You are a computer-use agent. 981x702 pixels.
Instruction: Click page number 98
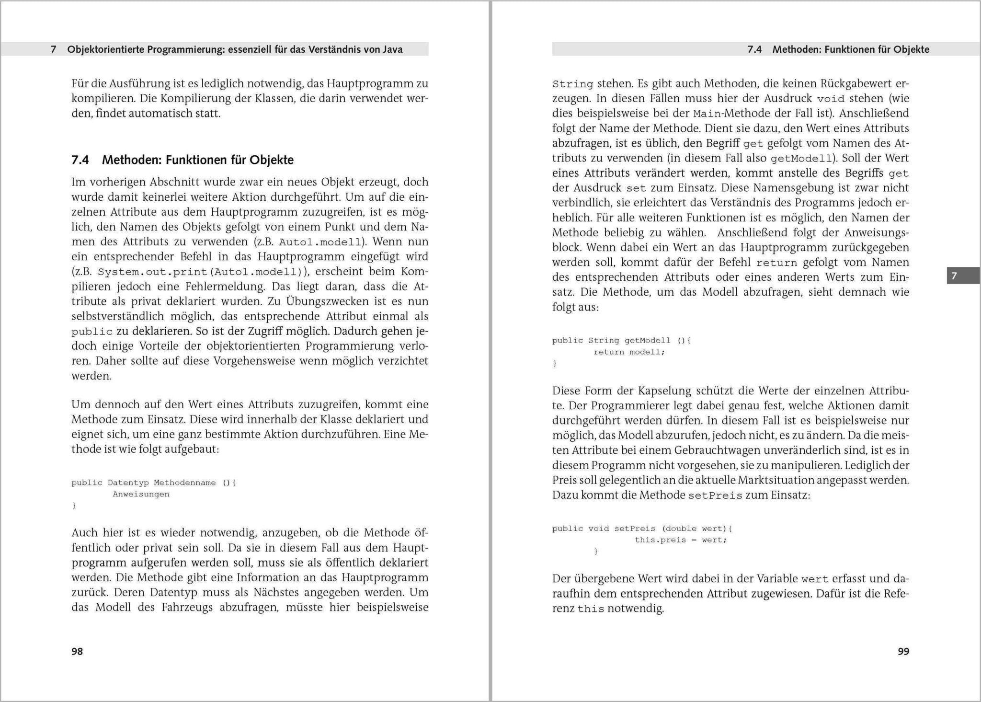[x=77, y=651]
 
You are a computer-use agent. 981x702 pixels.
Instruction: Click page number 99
[x=903, y=651]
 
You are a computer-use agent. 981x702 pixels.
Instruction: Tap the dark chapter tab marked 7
[x=954, y=276]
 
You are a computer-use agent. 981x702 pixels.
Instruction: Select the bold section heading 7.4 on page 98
[x=183, y=160]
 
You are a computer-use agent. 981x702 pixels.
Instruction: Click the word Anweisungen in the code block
[x=141, y=494]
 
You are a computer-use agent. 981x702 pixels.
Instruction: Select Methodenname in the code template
[x=184, y=483]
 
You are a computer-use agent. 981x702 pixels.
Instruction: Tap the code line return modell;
[x=629, y=352]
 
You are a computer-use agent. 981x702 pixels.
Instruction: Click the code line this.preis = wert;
[x=681, y=540]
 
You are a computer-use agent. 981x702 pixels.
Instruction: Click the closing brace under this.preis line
[x=596, y=552]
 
